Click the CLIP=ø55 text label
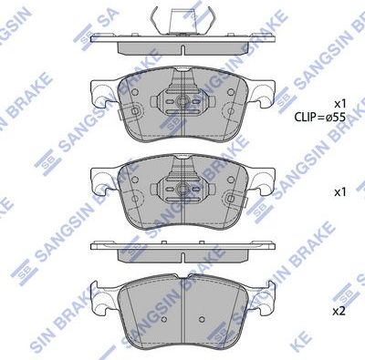tap(320, 118)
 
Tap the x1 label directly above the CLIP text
tap(340, 103)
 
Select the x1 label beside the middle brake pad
tap(340, 192)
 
